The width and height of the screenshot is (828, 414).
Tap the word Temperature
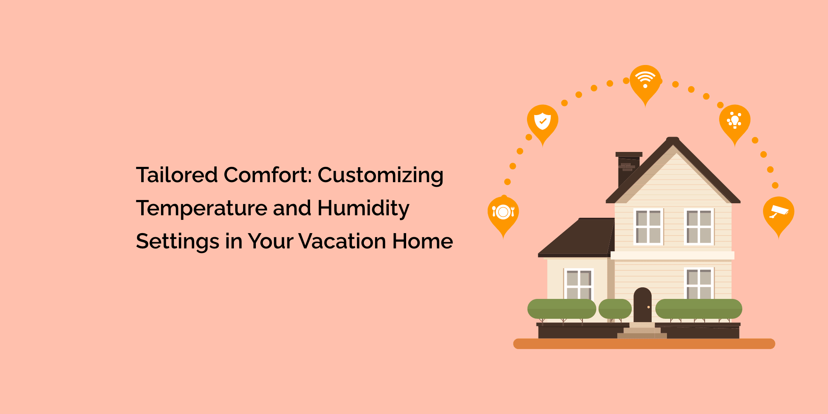pyautogui.click(x=203, y=208)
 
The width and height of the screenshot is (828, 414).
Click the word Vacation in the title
pyautogui.click(x=342, y=241)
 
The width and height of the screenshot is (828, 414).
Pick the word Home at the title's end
pyautogui.click(x=423, y=241)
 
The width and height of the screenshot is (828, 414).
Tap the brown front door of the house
pyautogui.click(x=643, y=305)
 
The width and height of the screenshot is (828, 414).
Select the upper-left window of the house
pyautogui.click(x=648, y=226)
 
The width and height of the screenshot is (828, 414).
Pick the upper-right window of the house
pyautogui.click(x=699, y=226)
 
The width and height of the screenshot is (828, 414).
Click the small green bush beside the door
pyautogui.click(x=615, y=309)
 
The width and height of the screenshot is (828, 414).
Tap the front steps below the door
pyautogui.click(x=642, y=331)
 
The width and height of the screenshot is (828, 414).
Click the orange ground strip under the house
pyautogui.click(x=644, y=344)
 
